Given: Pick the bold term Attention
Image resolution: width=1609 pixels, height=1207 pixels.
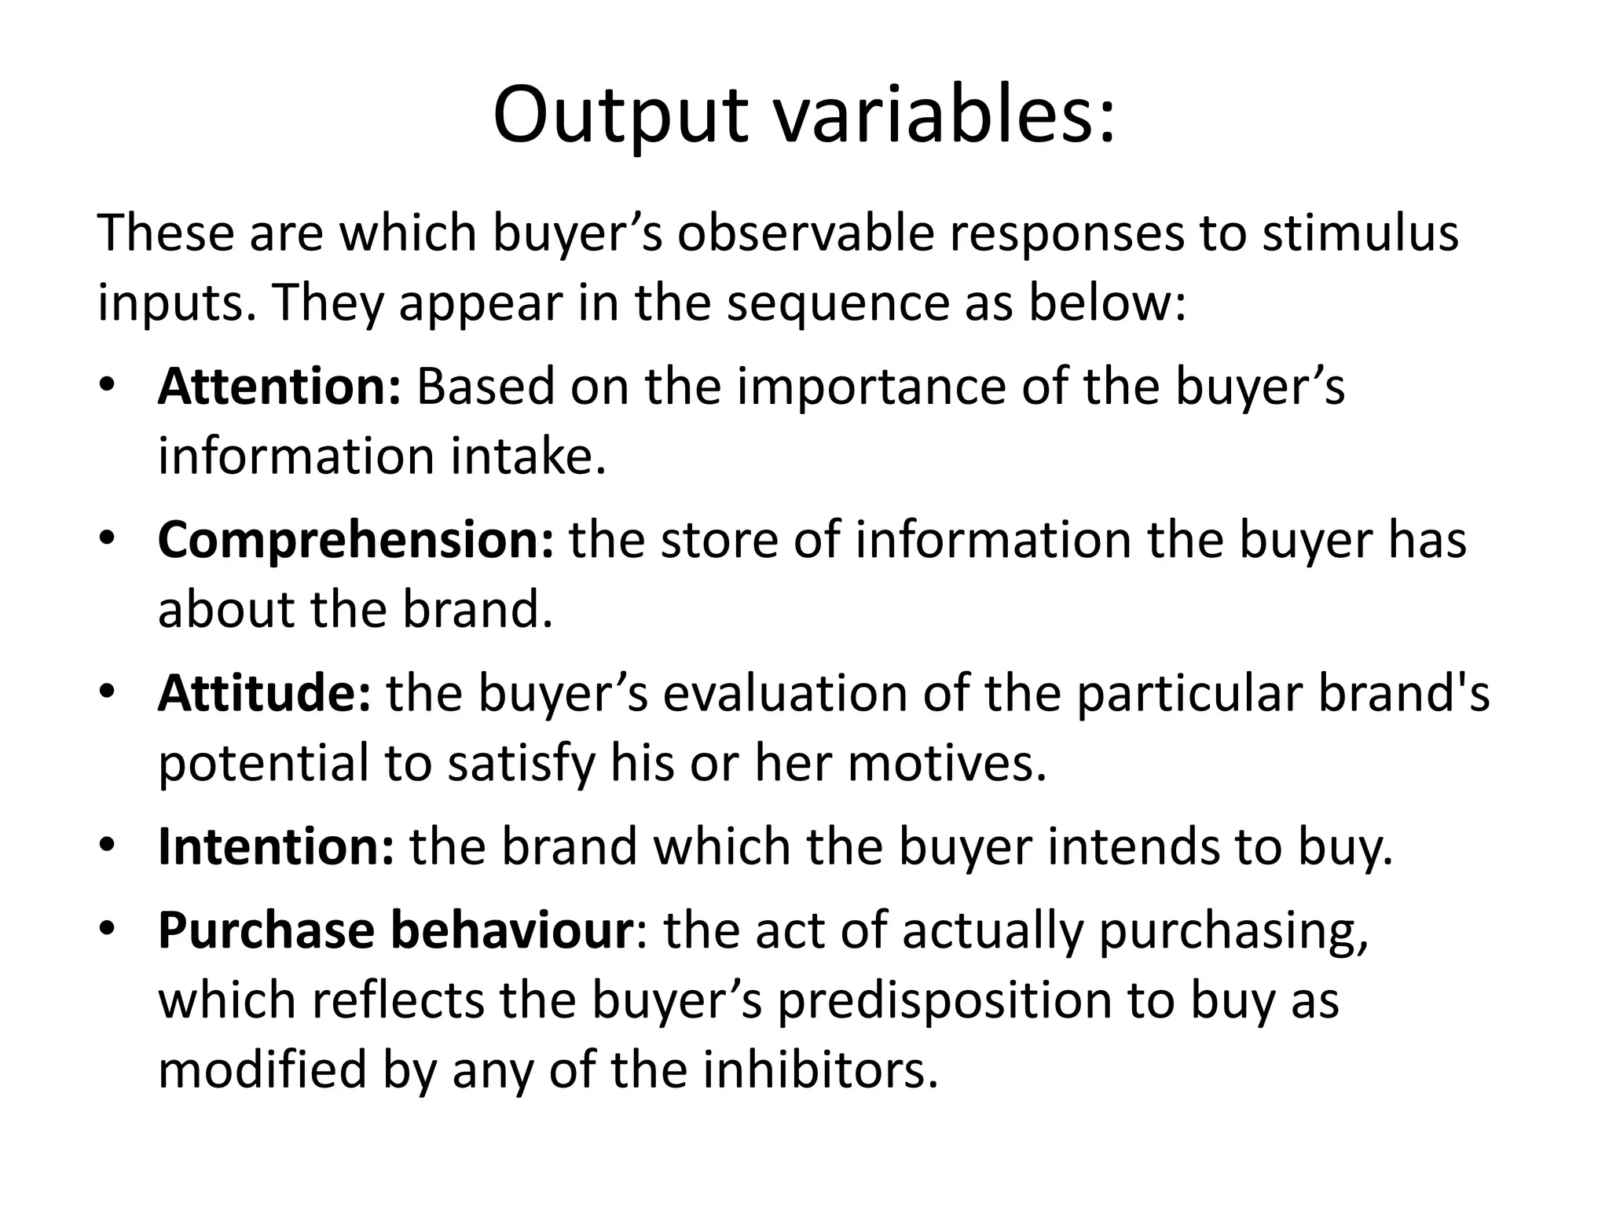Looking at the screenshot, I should [x=280, y=387].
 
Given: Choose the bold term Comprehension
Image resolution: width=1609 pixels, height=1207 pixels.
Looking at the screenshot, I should [x=356, y=540].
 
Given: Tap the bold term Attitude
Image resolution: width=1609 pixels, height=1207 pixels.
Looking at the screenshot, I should [x=264, y=693].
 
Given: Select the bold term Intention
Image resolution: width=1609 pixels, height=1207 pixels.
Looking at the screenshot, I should [x=276, y=846].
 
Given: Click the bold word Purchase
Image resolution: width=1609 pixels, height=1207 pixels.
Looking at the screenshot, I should [x=266, y=930].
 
